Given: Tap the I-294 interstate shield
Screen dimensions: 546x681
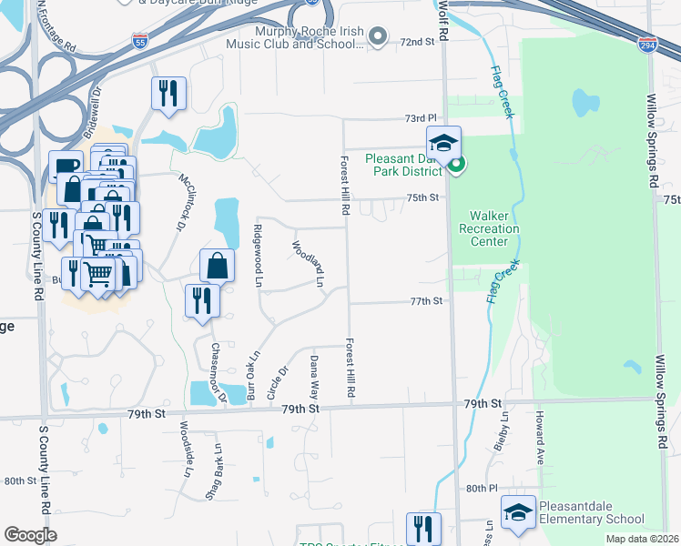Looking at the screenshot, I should click(x=645, y=43).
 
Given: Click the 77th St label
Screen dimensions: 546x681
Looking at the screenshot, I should click(x=425, y=301).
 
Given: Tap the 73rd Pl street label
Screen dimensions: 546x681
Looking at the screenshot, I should click(x=422, y=119).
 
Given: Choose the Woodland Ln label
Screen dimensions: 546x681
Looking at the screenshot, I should click(x=307, y=264).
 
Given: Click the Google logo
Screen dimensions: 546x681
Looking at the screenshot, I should click(x=31, y=534).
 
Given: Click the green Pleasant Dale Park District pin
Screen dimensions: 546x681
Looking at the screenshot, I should click(x=456, y=165).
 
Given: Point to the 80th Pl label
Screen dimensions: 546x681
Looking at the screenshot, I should click(x=480, y=488).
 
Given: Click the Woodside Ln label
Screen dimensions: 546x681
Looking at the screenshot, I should click(x=186, y=449).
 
